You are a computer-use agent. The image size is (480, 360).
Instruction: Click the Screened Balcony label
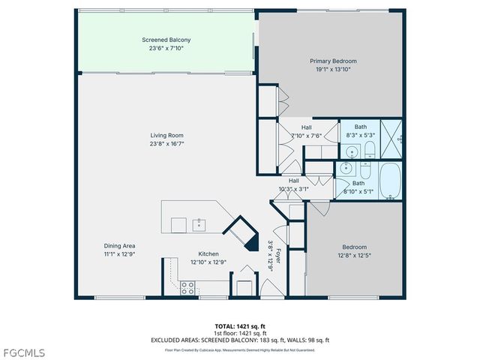click(163, 40)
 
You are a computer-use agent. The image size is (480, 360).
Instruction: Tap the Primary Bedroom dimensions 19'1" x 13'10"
click(333, 69)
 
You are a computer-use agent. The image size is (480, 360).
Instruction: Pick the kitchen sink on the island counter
click(199, 223)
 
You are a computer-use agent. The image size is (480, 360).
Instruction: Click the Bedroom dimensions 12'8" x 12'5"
click(355, 256)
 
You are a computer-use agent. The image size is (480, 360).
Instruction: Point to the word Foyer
click(279, 255)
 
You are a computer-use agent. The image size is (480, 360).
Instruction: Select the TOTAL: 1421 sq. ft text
click(240, 326)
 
